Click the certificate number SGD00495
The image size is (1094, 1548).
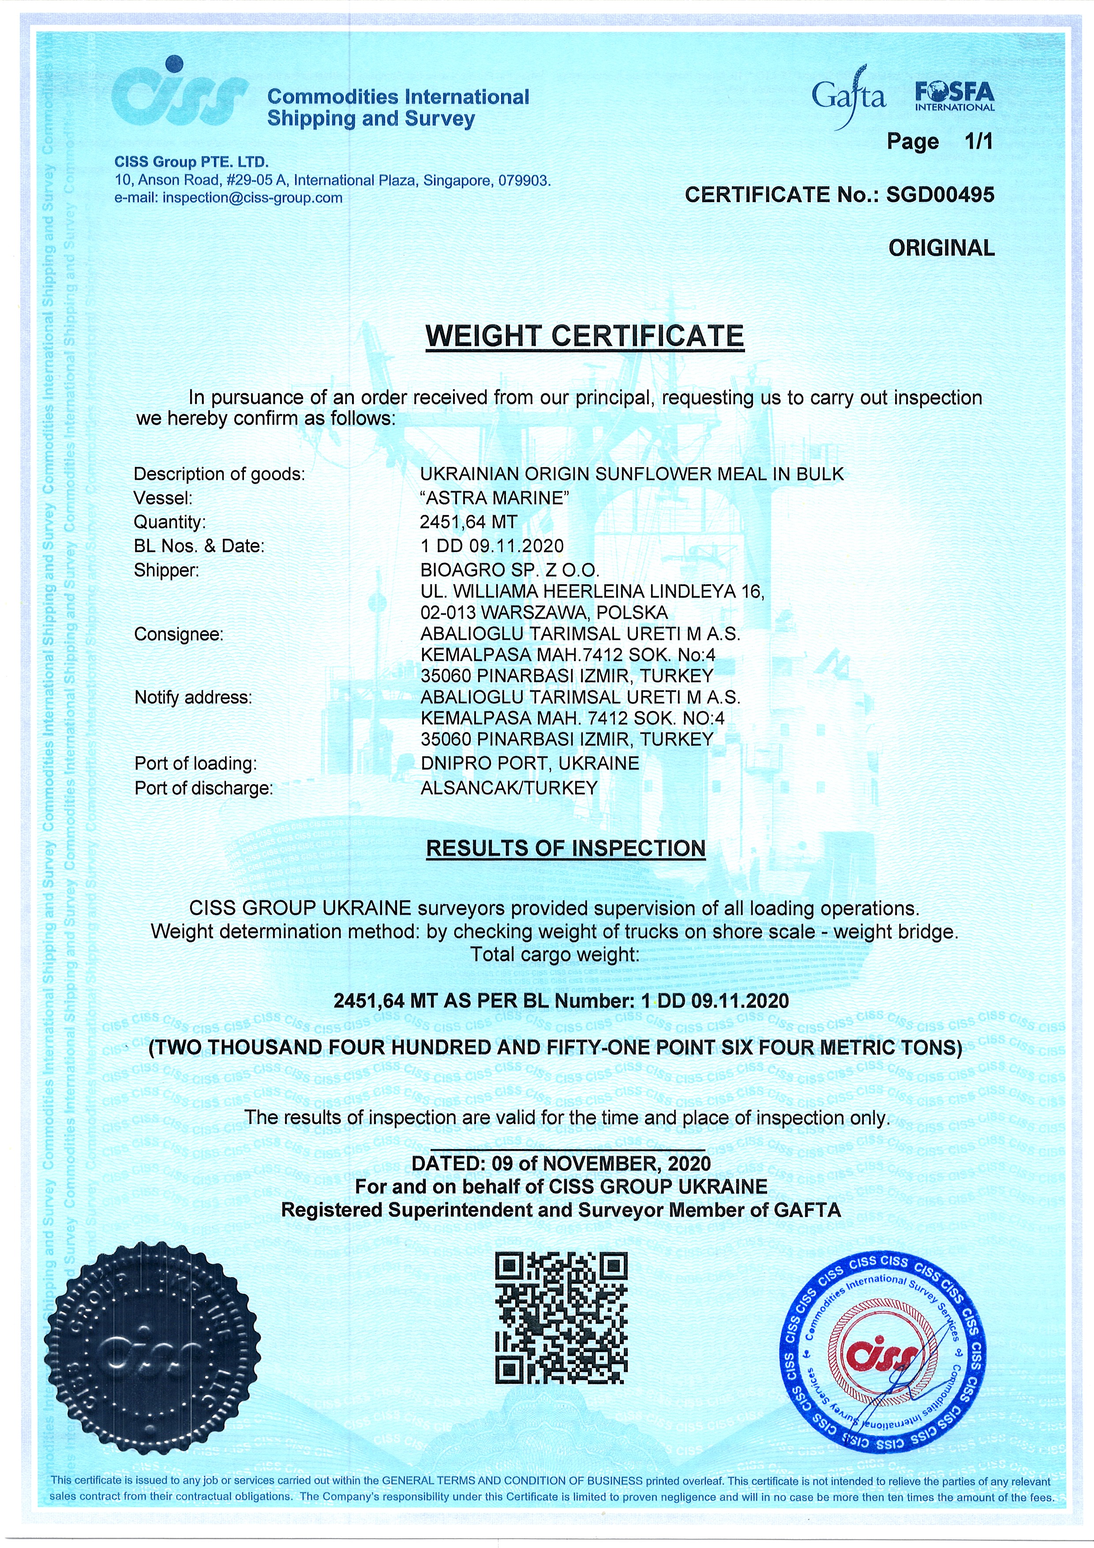(940, 195)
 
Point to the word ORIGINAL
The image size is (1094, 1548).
(941, 248)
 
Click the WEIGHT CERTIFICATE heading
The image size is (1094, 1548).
(584, 336)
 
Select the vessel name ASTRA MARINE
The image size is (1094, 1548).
(495, 498)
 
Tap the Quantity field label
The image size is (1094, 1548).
(170, 522)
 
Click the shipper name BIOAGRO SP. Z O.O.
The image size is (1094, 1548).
(510, 571)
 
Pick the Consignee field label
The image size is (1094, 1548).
(179, 635)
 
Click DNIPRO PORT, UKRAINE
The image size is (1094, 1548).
(530, 763)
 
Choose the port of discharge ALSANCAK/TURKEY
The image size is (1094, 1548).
(509, 788)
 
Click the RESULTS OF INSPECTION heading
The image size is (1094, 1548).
(566, 848)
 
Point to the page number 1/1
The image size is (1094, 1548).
(979, 142)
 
